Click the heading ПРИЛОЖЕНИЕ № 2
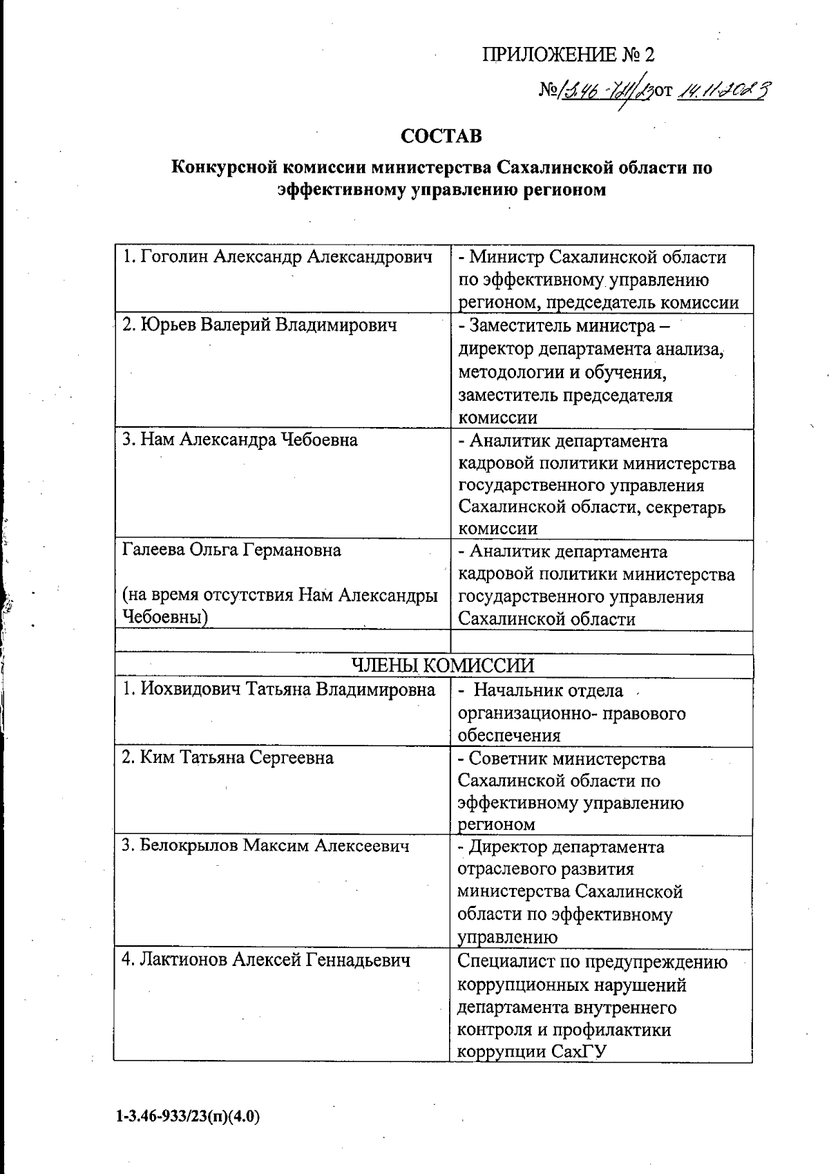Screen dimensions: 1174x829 [567, 55]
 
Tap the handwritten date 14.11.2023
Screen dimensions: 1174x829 [725, 90]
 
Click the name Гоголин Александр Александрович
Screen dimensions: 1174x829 [277, 257]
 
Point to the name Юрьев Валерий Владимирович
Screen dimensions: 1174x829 [259, 325]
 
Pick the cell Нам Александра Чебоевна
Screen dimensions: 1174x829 [240, 440]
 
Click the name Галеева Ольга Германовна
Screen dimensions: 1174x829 [231, 551]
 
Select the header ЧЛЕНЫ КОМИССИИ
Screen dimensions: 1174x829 [442, 665]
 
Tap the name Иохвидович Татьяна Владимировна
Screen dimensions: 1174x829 [278, 690]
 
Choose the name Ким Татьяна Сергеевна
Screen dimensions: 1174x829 [227, 758]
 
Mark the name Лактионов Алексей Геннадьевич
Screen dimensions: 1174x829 [266, 960]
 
